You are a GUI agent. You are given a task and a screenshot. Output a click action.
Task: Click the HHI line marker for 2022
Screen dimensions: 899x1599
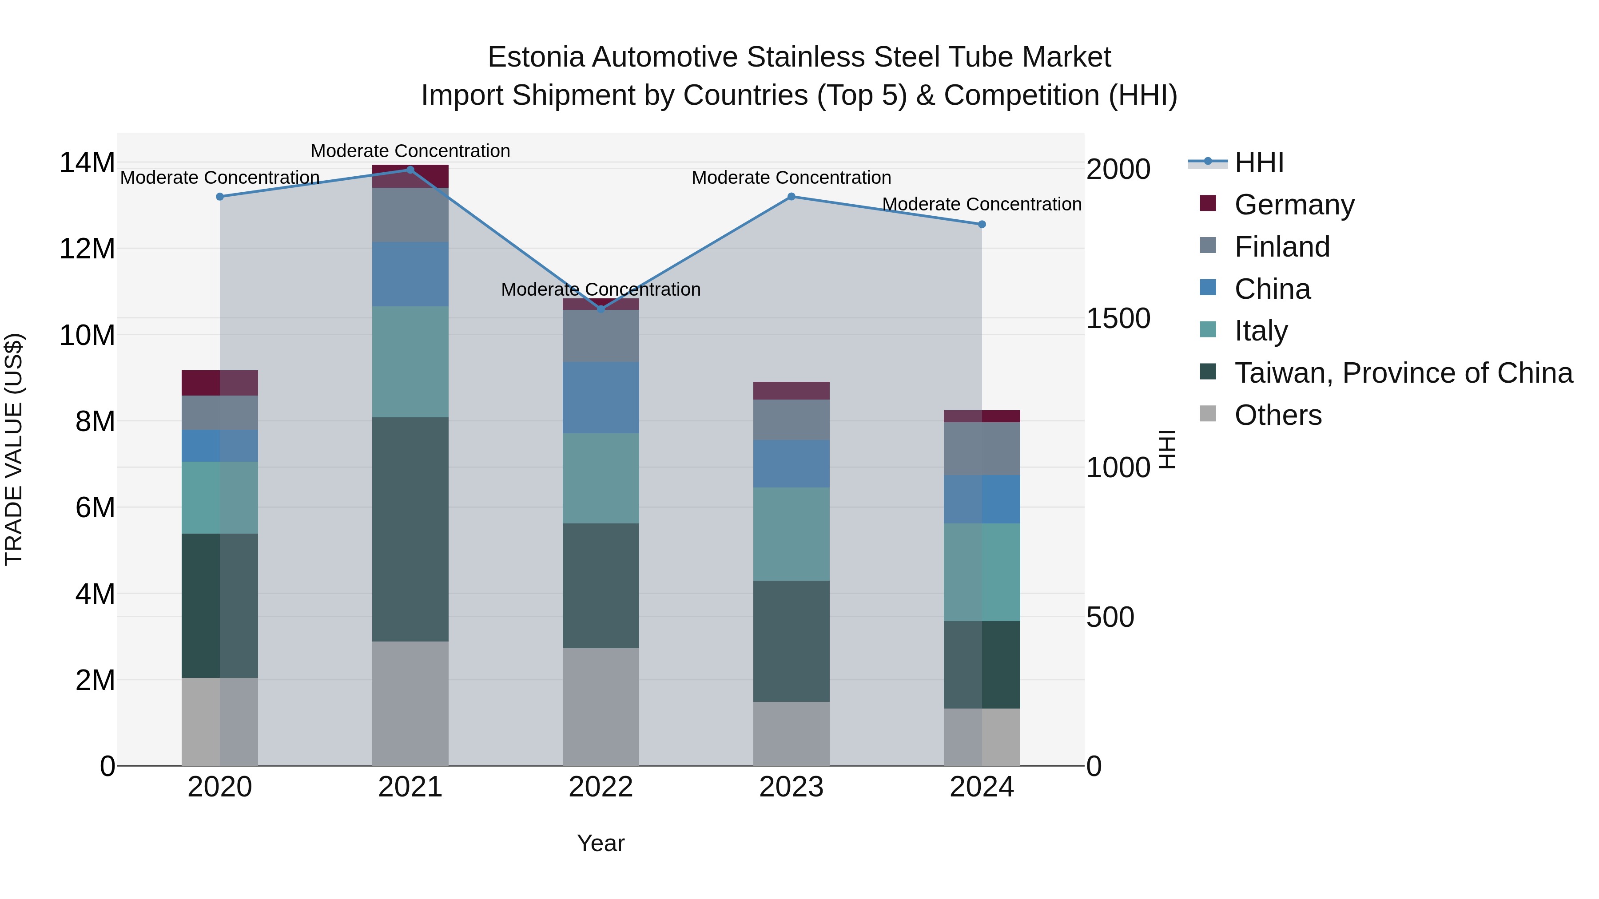coord(600,309)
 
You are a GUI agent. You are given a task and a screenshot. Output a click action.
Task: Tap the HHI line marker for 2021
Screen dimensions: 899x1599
coord(410,170)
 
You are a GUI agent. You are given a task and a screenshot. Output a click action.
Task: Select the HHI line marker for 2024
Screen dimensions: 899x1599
coord(981,225)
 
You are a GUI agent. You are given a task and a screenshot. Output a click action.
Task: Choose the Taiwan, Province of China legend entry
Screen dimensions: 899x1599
coord(1403,373)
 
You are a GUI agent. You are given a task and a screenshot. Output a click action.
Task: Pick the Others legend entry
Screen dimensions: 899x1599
coord(1277,415)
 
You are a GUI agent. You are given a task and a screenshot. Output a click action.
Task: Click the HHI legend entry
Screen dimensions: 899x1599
coord(1258,162)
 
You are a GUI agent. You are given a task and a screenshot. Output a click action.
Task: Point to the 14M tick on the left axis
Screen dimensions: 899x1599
coord(87,163)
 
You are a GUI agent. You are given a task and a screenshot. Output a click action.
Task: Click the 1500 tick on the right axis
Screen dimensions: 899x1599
coord(1118,319)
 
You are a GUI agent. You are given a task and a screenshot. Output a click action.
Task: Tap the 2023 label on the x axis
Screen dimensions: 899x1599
coord(791,787)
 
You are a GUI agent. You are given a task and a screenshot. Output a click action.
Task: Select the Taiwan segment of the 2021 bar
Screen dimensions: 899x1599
coord(410,529)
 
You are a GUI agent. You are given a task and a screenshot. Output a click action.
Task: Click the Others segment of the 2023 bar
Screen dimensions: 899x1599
coord(791,733)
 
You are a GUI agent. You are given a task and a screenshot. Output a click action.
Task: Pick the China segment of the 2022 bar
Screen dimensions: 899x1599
coord(600,398)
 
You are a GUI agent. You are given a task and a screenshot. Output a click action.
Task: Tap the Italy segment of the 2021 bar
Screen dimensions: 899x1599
coord(410,362)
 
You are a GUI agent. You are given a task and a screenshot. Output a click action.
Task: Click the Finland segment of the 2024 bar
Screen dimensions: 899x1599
coord(981,448)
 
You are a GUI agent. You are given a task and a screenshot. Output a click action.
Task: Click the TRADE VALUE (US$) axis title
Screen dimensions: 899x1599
coord(14,449)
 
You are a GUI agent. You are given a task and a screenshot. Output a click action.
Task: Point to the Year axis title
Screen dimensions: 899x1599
coord(600,843)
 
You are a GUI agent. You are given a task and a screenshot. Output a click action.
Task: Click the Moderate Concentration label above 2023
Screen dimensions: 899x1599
coord(791,178)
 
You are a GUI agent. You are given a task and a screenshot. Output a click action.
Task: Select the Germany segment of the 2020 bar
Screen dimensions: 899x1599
coord(219,383)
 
